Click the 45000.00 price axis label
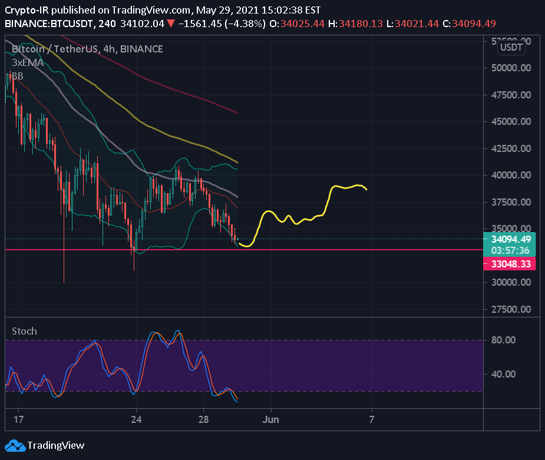(511, 121)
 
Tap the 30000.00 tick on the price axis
(511, 282)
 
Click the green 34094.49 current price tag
(510, 239)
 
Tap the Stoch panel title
(24, 331)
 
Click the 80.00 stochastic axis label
(504, 340)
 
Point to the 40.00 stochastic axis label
(504, 374)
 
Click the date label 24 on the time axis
(136, 419)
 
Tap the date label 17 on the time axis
(18, 419)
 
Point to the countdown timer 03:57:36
(510, 250)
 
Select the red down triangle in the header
(170, 24)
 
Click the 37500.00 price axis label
(511, 202)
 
